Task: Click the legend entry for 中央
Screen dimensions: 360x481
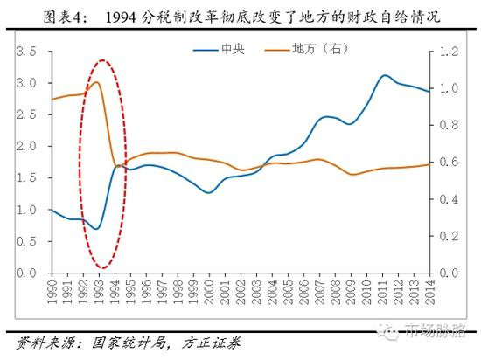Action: [232, 51]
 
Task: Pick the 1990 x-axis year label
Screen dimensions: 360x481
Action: [52, 288]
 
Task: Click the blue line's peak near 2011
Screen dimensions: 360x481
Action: [385, 75]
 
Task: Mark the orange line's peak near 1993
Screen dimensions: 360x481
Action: [96, 82]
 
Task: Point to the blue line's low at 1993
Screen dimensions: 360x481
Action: [97, 229]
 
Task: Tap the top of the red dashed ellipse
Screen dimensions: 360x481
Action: [103, 60]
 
